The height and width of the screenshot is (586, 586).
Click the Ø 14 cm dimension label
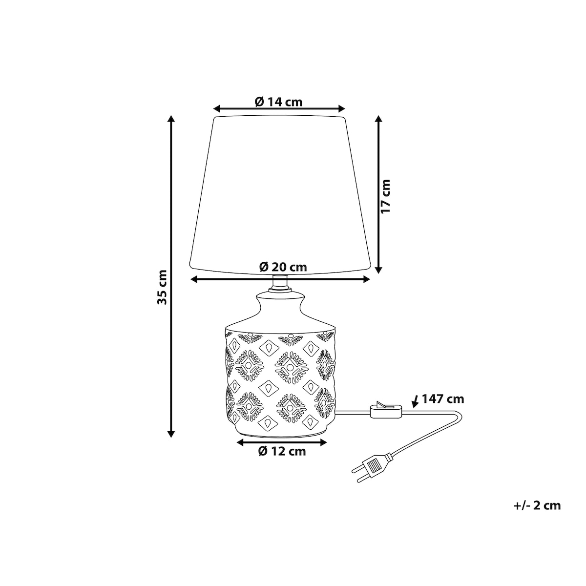point(278,102)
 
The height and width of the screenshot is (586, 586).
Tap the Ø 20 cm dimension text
point(283,267)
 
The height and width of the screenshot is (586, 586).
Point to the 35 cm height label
point(162,287)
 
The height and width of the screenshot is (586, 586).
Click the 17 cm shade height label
point(385,196)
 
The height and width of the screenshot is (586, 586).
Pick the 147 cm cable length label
point(443,399)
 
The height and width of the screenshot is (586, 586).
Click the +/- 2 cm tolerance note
point(537,505)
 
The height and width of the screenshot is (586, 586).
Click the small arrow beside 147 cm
point(415,402)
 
